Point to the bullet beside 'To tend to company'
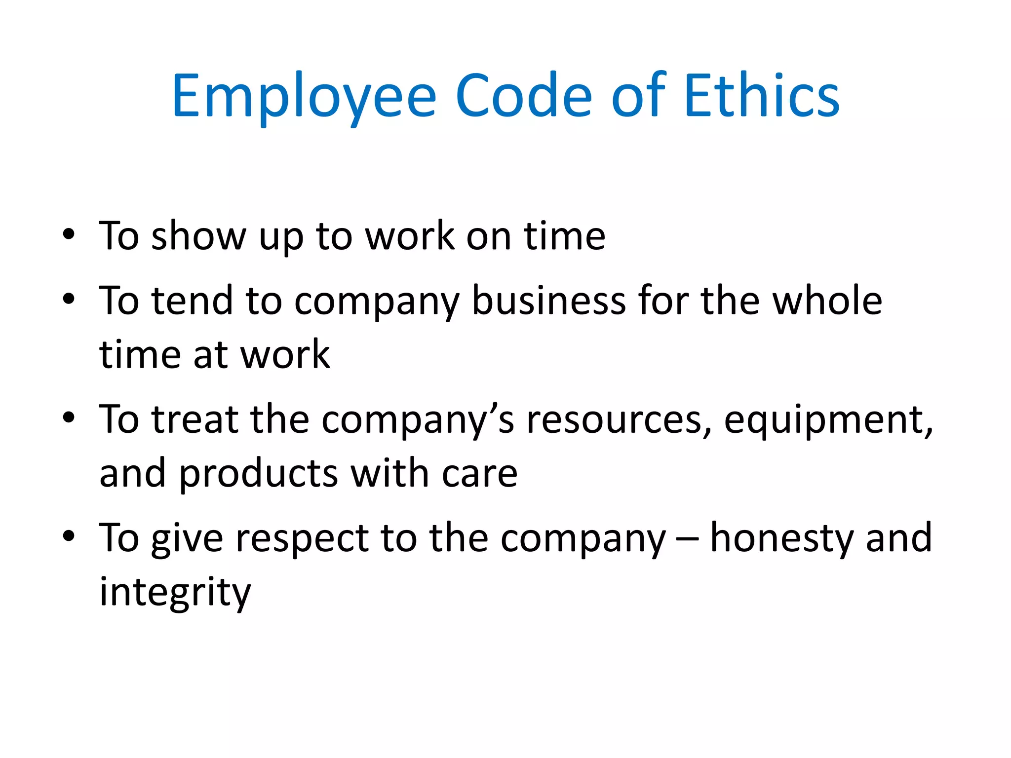[x=69, y=299]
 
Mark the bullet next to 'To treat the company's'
[x=69, y=417]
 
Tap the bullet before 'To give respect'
[x=69, y=535]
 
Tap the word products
[x=258, y=474]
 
